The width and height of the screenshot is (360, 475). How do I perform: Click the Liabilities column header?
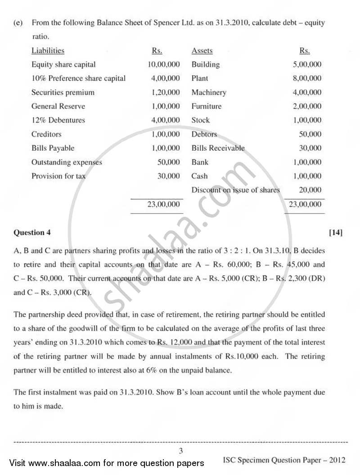click(x=48, y=51)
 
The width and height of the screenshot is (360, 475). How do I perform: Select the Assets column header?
click(x=202, y=51)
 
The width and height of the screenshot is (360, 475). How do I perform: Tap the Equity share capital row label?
click(x=63, y=64)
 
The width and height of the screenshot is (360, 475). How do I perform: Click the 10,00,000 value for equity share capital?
click(x=164, y=64)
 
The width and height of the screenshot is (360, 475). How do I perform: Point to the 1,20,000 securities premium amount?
click(x=165, y=92)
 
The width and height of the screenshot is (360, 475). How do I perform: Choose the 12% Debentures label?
click(x=58, y=120)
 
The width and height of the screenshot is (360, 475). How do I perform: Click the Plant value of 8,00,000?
click(x=307, y=78)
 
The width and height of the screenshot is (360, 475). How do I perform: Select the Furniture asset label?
click(x=207, y=106)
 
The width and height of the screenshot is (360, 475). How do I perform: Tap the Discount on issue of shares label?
click(x=235, y=190)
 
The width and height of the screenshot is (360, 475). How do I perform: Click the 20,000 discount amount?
click(x=310, y=190)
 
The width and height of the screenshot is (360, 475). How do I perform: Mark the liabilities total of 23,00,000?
click(x=164, y=204)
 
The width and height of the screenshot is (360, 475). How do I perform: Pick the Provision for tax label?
click(x=58, y=176)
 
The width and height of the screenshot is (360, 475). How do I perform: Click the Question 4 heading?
click(x=32, y=233)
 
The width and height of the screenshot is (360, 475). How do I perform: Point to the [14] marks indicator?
click(x=336, y=233)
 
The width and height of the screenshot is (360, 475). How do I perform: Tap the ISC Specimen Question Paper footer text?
click(x=284, y=460)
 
